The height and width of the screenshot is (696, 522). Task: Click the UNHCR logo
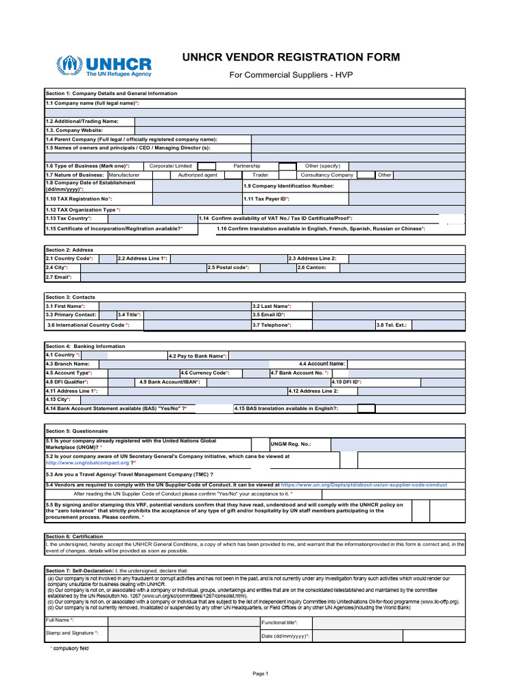[104, 66]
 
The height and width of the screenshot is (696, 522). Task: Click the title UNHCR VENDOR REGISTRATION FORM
[291, 57]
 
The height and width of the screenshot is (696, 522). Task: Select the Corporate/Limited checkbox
[207, 166]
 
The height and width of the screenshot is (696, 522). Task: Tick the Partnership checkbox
[287, 166]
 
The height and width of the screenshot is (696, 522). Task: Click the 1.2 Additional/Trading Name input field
[300, 121]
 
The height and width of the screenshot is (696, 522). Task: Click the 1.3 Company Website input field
[300, 130]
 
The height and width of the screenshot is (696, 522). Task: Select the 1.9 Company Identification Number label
[289, 186]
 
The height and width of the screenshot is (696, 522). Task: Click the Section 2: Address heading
[69, 250]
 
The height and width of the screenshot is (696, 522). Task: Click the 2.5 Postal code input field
[273, 268]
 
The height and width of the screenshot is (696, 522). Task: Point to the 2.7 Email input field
[273, 277]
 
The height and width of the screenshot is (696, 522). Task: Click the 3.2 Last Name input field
[388, 307]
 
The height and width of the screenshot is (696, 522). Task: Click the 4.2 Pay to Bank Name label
[198, 355]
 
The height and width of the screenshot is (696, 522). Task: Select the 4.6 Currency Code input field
[255, 373]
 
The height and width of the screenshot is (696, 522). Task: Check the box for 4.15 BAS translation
[366, 408]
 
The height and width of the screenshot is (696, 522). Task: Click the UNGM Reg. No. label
[290, 444]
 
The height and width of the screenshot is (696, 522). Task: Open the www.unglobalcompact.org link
[87, 463]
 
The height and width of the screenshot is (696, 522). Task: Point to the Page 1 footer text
[261, 674]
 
